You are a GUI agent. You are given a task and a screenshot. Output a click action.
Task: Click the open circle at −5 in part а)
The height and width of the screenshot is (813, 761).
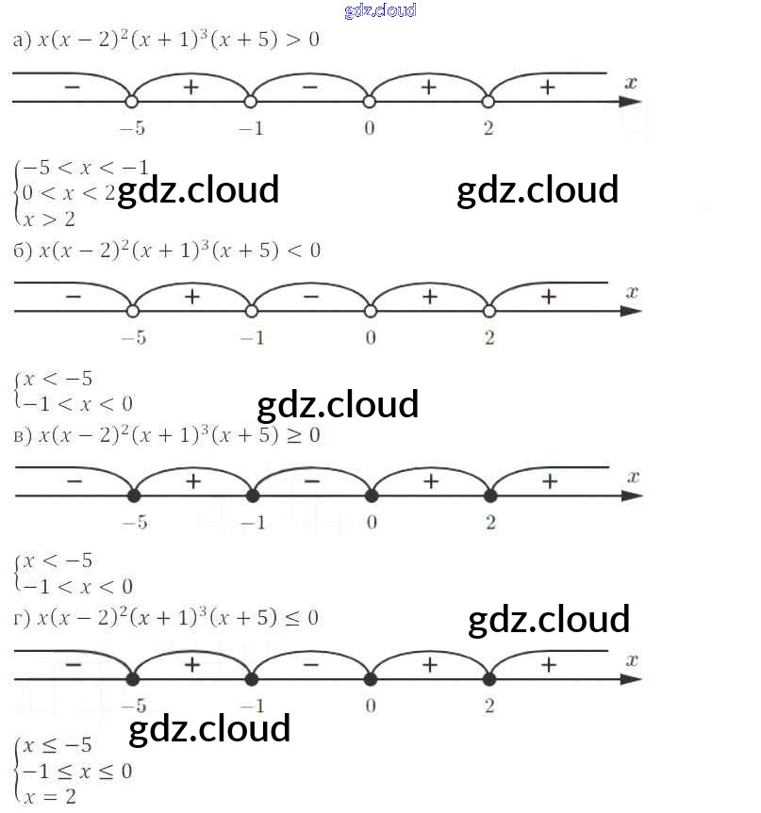tap(132, 101)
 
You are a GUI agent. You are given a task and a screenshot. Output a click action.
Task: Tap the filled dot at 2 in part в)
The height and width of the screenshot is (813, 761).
tap(489, 495)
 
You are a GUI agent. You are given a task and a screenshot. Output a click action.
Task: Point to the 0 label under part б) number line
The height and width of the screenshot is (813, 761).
tap(370, 338)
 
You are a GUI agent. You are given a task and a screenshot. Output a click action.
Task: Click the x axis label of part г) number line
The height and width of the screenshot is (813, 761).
tap(633, 659)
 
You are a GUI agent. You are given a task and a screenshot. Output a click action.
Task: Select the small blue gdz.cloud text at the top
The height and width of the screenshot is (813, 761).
tap(380, 11)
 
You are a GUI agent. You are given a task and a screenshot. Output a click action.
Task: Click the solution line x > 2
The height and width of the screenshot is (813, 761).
tap(50, 219)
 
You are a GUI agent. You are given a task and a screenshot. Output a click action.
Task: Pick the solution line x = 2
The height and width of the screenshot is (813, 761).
tap(50, 796)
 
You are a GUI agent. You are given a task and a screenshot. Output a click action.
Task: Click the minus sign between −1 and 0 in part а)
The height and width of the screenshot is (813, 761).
tap(309, 87)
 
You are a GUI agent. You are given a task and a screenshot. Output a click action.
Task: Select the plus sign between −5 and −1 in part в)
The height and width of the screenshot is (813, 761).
tap(191, 480)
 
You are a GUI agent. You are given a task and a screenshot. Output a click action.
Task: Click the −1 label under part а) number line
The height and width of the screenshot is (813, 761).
tap(251, 128)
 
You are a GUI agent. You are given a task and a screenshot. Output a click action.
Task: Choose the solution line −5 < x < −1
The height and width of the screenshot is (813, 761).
tap(85, 168)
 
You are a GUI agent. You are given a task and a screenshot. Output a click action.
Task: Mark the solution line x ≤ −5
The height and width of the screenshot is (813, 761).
tap(58, 746)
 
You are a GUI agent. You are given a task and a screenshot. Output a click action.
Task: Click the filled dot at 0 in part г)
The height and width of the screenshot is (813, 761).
tap(371, 678)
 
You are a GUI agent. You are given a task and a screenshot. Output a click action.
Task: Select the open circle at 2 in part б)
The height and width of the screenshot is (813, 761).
tap(489, 311)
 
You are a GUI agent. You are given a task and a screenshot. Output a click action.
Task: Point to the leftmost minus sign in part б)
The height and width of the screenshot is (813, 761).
tap(74, 297)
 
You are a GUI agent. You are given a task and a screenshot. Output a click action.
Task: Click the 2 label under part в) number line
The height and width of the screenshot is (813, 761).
tap(490, 522)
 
